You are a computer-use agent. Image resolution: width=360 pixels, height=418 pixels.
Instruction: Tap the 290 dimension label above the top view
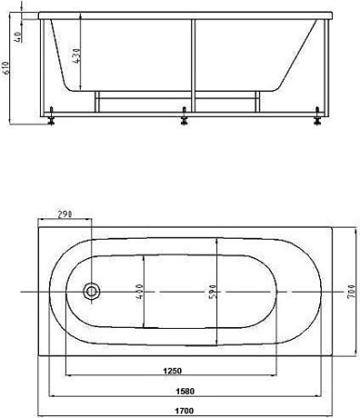(x=66, y=215)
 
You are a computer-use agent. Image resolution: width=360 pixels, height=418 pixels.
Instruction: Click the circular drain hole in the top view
(x=91, y=292)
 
